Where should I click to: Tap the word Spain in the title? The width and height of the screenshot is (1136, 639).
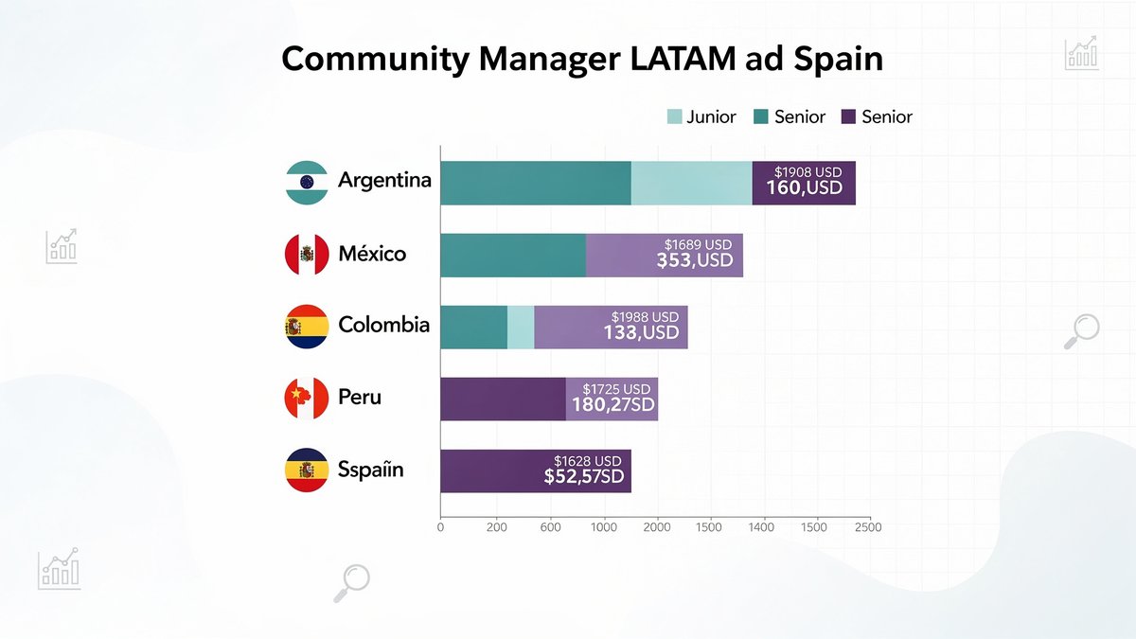[832, 59]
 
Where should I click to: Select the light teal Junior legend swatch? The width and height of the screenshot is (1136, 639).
[675, 117]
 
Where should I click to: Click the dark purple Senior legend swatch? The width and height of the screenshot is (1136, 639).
[848, 117]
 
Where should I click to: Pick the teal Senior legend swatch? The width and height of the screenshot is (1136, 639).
[761, 117]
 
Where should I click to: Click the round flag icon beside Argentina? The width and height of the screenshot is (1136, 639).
[307, 183]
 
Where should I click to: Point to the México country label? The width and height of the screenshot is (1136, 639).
[372, 254]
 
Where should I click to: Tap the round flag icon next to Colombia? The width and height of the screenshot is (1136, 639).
[307, 327]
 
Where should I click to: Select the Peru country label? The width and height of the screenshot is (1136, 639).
[360, 397]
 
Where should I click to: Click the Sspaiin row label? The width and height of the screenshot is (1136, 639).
[370, 470]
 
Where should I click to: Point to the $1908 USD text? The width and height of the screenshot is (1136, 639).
[808, 172]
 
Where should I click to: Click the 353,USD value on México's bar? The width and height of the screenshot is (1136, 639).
[695, 260]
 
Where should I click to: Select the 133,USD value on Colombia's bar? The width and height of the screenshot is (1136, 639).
[641, 332]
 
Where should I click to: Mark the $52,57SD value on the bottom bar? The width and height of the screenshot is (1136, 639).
[583, 477]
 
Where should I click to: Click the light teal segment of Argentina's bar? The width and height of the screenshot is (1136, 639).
[691, 183]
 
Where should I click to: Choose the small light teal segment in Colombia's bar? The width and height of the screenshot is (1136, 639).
[521, 327]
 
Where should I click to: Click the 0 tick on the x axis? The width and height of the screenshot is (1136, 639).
[440, 526]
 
